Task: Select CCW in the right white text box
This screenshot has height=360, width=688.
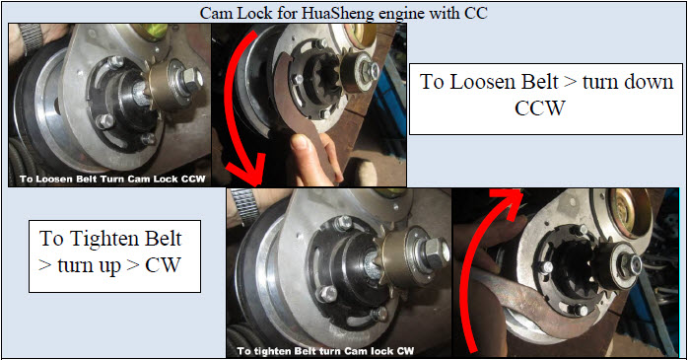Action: [540, 108]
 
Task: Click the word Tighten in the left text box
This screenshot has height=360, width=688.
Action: [104, 239]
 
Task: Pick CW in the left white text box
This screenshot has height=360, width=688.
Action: [163, 265]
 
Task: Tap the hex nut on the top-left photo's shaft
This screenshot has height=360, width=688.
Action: [191, 79]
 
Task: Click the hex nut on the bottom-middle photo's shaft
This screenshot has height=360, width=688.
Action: [436, 252]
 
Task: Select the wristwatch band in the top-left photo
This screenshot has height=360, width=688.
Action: [32, 39]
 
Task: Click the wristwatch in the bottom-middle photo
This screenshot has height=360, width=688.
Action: [245, 205]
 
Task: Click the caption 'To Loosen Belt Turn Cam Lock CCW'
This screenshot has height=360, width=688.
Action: [112, 180]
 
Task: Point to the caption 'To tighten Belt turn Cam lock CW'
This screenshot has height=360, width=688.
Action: [325, 351]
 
